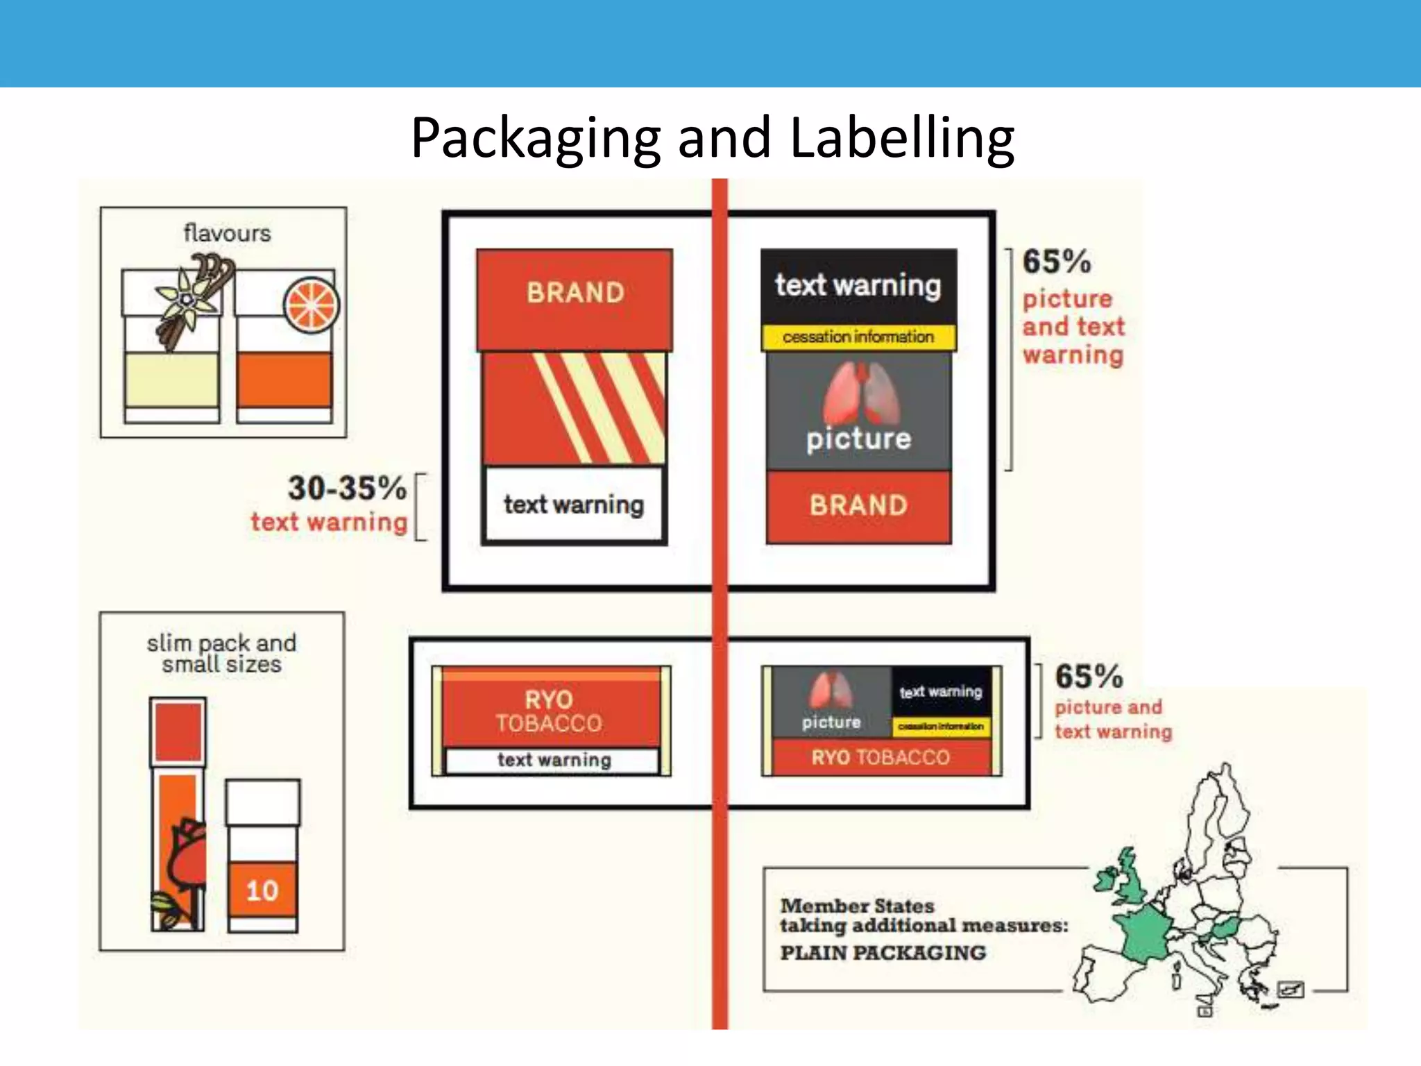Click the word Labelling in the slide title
pyautogui.click(x=902, y=137)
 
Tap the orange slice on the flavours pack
pyautogui.click(x=312, y=305)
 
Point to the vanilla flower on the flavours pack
pyautogui.click(x=185, y=298)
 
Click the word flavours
pyautogui.click(x=227, y=233)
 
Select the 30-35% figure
pyautogui.click(x=347, y=488)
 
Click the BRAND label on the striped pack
pyautogui.click(x=575, y=293)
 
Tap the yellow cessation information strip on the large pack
pyautogui.click(x=858, y=337)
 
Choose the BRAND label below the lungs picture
pyautogui.click(x=858, y=505)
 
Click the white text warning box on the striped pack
pyautogui.click(x=574, y=505)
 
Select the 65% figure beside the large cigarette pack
pyautogui.click(x=1057, y=262)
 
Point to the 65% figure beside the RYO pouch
pyautogui.click(x=1089, y=677)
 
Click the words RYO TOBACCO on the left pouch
pyautogui.click(x=549, y=711)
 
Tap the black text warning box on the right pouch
pyautogui.click(x=941, y=692)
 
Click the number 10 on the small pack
pyautogui.click(x=262, y=890)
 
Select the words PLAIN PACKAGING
pyautogui.click(x=883, y=953)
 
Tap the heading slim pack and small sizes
pyautogui.click(x=221, y=653)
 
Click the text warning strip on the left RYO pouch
pyautogui.click(x=554, y=760)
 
